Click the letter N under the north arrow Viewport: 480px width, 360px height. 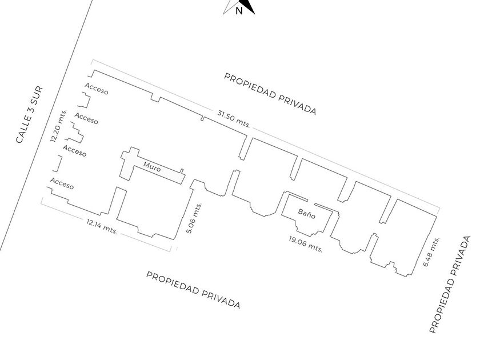(239, 10)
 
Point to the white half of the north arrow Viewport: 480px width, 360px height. (231, 6)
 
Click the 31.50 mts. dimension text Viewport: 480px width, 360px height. (234, 119)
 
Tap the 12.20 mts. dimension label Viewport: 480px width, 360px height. (58, 126)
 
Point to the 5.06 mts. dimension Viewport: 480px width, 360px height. (193, 218)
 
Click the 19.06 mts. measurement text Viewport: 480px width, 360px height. (306, 245)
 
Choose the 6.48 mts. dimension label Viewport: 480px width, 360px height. (431, 251)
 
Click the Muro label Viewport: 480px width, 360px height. (152, 168)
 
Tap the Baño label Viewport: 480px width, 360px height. (306, 213)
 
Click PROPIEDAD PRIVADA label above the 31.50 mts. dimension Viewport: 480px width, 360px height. (270, 94)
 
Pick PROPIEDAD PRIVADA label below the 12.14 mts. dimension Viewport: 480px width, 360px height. (193, 290)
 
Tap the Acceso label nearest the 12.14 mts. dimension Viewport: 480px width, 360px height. (62, 183)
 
